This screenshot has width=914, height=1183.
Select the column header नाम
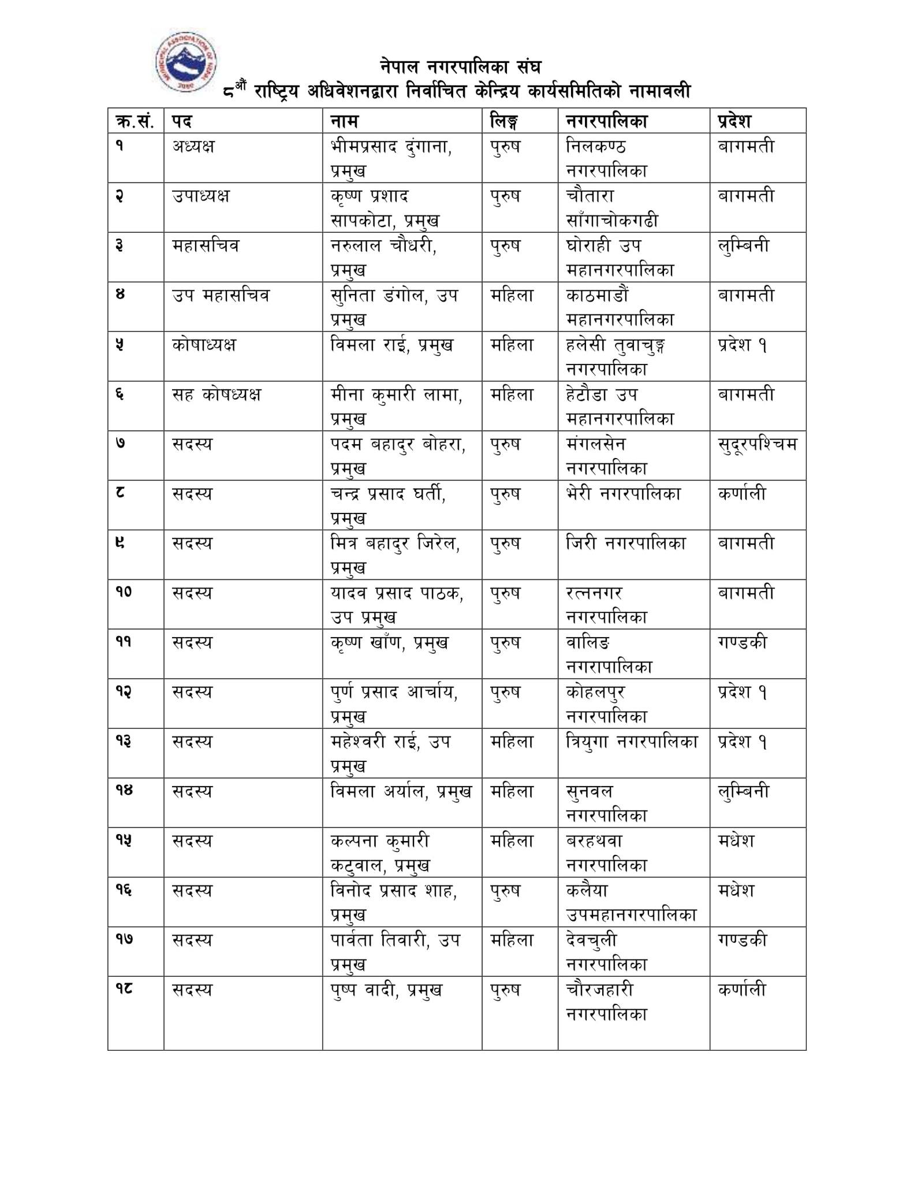(344, 121)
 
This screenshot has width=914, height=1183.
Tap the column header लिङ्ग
(503, 121)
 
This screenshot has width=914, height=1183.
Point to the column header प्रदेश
(734, 121)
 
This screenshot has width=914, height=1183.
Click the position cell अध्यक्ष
(193, 146)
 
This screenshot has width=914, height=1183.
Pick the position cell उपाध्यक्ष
(200, 196)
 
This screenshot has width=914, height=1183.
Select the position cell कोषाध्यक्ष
(204, 345)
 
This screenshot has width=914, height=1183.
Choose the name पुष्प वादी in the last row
(363, 990)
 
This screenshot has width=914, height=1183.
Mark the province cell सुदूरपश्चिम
(758, 444)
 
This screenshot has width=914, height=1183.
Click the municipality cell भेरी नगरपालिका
(624, 494)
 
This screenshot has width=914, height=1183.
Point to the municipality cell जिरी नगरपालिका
(626, 544)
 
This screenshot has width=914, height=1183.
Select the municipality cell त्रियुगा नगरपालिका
(632, 742)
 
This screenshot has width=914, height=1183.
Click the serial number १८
(124, 989)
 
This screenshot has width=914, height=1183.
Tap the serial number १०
(124, 593)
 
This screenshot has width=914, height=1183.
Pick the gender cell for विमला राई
(512, 345)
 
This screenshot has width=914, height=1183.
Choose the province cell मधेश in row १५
(736, 841)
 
